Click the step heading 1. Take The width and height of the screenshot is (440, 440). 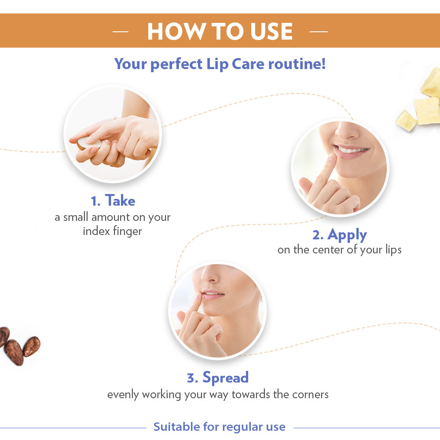point(113,201)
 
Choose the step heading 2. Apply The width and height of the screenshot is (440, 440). point(339,235)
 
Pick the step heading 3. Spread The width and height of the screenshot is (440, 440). point(218,378)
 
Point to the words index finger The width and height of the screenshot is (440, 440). point(113,231)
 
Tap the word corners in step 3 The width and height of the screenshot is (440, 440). point(309,394)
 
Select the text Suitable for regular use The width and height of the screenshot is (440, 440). point(219,427)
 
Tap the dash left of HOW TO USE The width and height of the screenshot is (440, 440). point(120,32)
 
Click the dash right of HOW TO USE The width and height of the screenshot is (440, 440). point(319,32)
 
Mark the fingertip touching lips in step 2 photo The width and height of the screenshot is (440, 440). point(332,157)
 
